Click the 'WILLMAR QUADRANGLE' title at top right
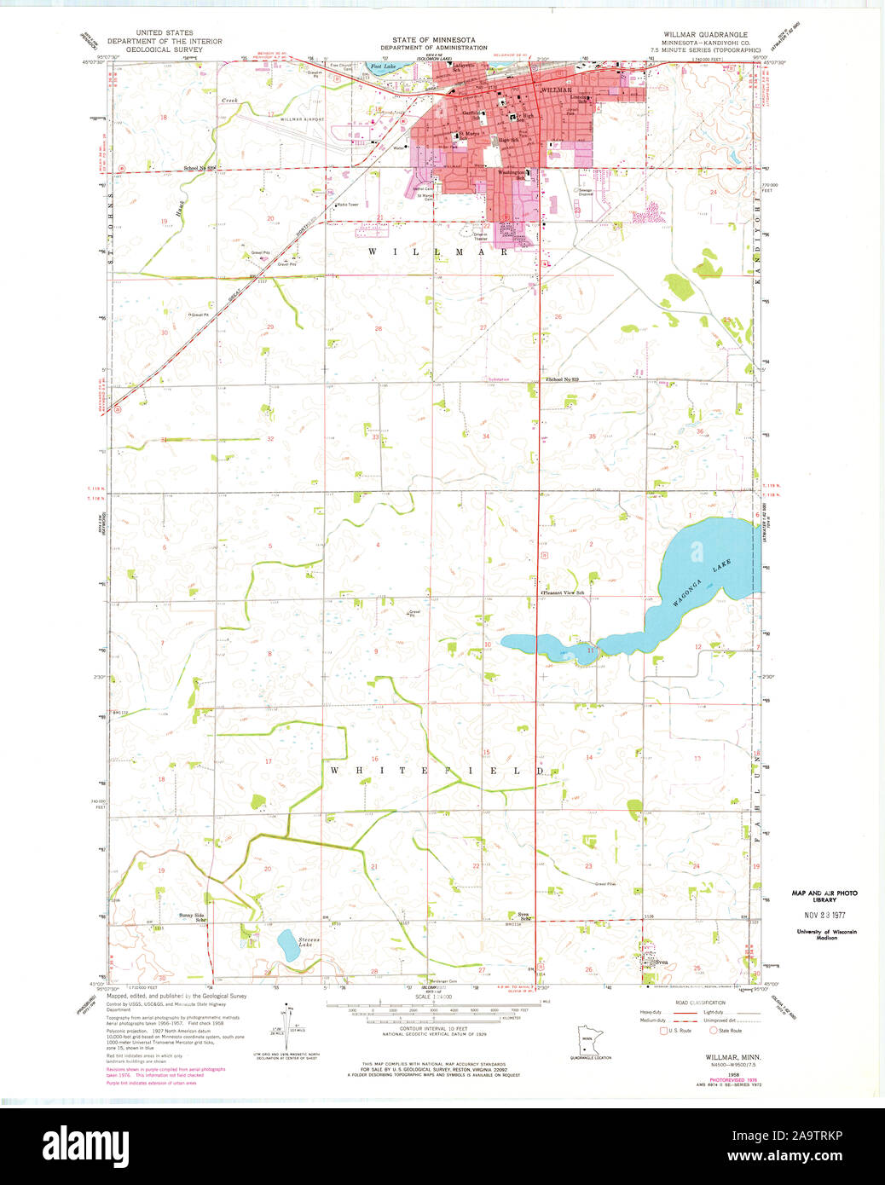[705, 34]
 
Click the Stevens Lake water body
[287, 945]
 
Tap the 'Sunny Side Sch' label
[193, 917]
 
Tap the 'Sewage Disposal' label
[585, 193]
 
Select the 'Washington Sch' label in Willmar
[511, 174]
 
